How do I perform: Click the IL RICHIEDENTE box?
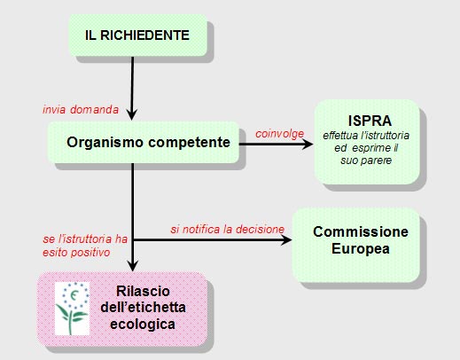click(138, 35)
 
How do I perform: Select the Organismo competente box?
click(144, 142)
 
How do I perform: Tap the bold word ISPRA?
click(370, 121)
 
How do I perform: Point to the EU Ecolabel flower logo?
click(73, 309)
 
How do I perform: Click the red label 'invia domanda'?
click(81, 110)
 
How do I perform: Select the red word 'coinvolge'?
click(279, 134)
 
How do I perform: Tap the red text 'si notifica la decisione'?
click(227, 230)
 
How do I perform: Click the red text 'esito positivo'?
click(76, 253)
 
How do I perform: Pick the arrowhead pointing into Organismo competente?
click(132, 114)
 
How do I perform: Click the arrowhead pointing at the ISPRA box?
click(308, 145)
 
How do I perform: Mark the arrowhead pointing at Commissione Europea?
click(285, 239)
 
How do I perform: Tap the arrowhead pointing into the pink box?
click(133, 265)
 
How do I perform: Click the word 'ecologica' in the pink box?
click(143, 325)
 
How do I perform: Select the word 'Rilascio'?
click(143, 291)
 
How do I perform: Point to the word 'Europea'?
click(361, 249)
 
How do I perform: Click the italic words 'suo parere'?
click(366, 160)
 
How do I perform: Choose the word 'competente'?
click(189, 143)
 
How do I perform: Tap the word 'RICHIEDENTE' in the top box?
click(144, 35)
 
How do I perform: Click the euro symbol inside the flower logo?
click(74, 294)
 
